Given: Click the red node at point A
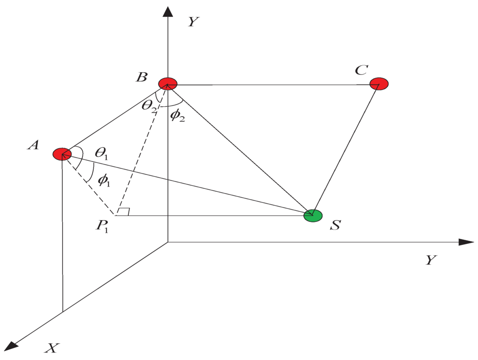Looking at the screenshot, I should coord(62,154).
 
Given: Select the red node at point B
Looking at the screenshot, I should coord(168,84).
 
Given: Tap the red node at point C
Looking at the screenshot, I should coord(379,84).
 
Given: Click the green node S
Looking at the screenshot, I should coord(313,215).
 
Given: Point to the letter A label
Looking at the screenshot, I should coord(33,145).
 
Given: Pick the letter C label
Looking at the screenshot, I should coord(361,70).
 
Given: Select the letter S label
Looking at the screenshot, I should coord(335,226).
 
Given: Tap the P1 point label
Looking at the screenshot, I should coord(103,227).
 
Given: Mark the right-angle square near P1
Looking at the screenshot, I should coord(122,212).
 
